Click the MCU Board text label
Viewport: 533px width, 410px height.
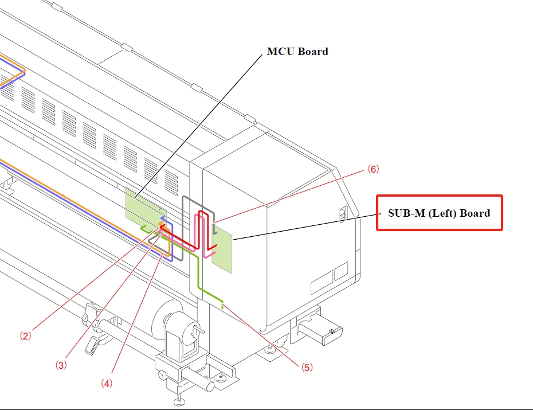(297, 52)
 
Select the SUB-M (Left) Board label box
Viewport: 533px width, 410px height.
(439, 213)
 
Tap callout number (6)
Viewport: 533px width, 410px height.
(373, 170)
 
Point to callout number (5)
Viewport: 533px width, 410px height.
(307, 368)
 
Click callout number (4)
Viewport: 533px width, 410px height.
(106, 383)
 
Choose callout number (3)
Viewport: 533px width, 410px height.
(61, 364)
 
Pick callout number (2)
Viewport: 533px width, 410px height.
(25, 337)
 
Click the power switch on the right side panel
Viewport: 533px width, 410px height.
(344, 212)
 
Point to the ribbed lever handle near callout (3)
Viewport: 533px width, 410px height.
(92, 345)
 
